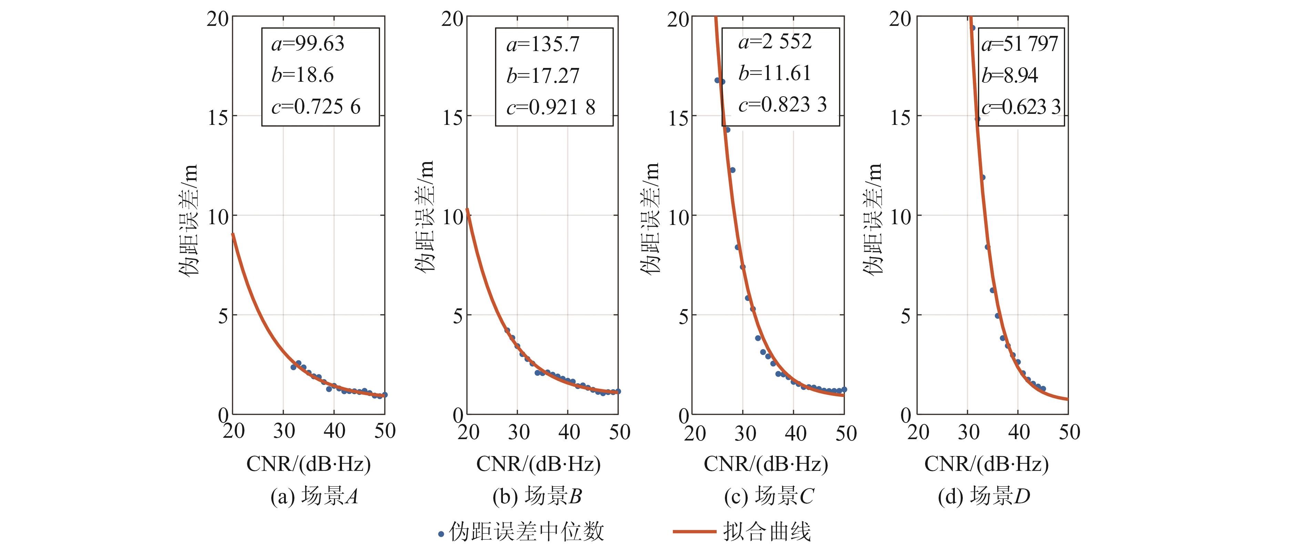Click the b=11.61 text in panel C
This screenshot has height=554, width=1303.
[775, 74]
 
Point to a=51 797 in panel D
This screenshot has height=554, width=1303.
[1019, 44]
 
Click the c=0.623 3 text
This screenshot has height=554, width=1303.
[1021, 107]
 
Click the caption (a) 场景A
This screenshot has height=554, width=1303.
[314, 496]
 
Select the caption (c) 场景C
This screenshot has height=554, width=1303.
[769, 496]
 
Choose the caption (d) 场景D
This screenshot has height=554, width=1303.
[984, 496]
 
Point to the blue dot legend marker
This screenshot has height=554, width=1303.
[441, 534]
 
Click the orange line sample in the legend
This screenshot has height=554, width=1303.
[694, 532]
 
